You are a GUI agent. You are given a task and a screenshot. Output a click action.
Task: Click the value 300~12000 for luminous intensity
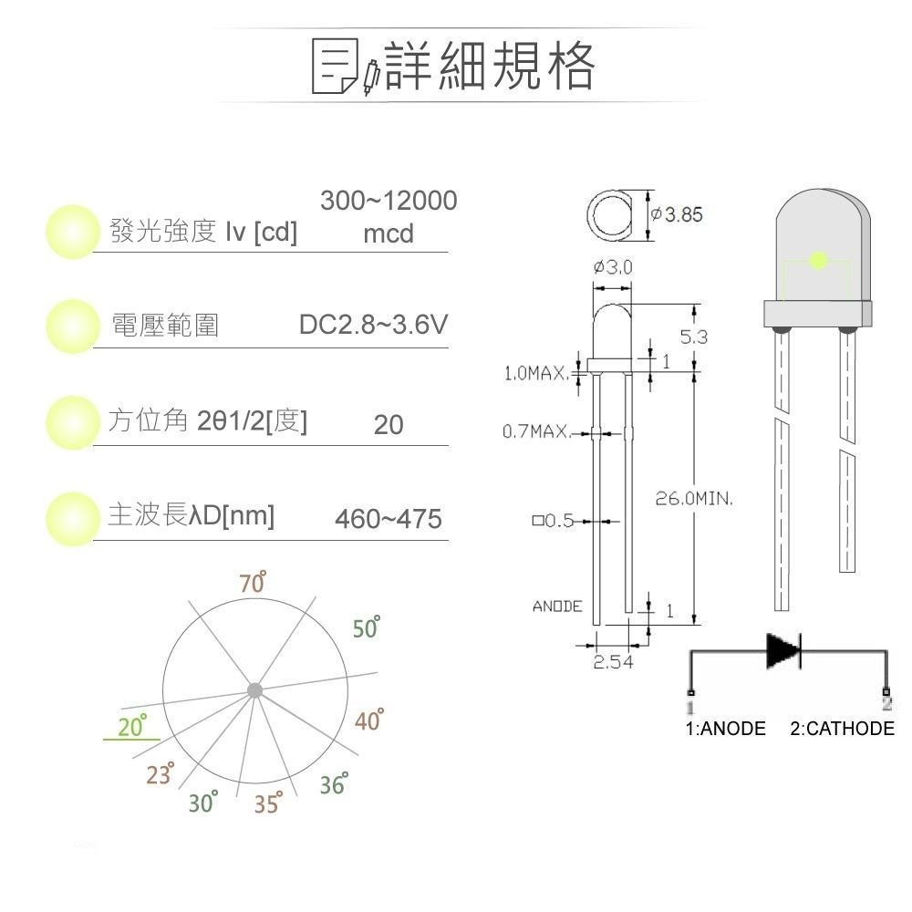pyautogui.click(x=389, y=202)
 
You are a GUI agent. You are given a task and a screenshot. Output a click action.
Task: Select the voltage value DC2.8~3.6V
pyautogui.click(x=373, y=326)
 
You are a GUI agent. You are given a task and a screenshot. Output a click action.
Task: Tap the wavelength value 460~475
pyautogui.click(x=389, y=519)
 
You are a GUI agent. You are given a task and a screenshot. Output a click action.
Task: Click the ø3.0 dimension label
pyautogui.click(x=613, y=268)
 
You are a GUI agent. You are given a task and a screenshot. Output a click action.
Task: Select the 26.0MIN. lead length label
pyautogui.click(x=695, y=499)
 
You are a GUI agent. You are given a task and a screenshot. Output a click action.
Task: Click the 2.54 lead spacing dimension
pyautogui.click(x=613, y=663)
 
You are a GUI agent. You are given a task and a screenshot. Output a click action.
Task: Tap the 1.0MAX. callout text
pyautogui.click(x=536, y=373)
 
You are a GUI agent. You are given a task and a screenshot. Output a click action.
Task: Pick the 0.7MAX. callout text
pyautogui.click(x=536, y=430)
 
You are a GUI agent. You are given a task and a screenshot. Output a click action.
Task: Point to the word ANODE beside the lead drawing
pyautogui.click(x=557, y=606)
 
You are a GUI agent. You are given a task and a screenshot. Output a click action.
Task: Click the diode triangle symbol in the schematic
pyautogui.click(x=783, y=650)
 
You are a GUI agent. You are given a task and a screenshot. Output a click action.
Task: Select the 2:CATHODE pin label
pyautogui.click(x=842, y=729)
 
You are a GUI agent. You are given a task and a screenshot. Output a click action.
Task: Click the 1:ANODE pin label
pyautogui.click(x=725, y=729)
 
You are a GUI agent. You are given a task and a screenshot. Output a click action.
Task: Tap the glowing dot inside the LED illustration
pyautogui.click(x=817, y=260)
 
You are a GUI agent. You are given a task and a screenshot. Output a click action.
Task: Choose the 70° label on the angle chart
pyautogui.click(x=253, y=583)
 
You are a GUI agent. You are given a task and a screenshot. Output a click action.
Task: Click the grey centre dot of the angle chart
pyautogui.click(x=254, y=690)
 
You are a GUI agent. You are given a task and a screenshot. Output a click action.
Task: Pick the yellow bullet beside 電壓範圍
pyautogui.click(x=72, y=326)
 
